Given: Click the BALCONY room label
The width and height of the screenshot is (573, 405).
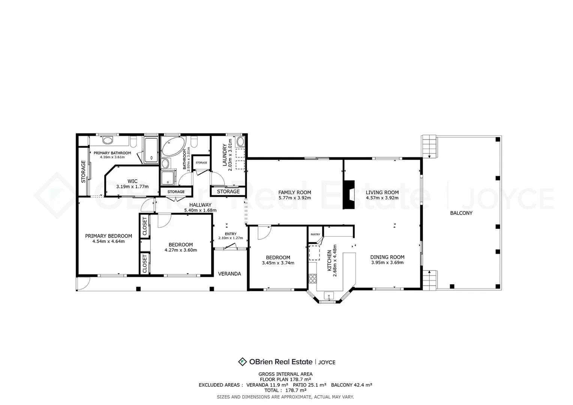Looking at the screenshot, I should [461, 213].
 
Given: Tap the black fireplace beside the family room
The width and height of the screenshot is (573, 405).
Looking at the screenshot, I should [349, 195].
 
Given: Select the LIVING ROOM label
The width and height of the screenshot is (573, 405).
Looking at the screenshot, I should [382, 192].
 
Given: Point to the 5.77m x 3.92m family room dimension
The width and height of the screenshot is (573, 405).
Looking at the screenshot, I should [294, 198].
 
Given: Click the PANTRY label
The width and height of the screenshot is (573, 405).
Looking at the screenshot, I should [315, 234].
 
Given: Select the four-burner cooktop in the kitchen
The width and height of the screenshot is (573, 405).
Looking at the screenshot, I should [312, 278].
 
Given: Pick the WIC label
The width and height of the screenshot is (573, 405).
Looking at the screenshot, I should [132, 181].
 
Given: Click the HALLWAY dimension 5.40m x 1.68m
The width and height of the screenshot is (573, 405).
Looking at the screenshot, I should [200, 210].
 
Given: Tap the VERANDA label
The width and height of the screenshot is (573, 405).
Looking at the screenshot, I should [229, 274].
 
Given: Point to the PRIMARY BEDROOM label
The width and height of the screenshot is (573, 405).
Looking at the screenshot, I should [108, 236].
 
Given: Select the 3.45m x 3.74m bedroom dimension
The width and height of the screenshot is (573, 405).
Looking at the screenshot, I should [278, 263].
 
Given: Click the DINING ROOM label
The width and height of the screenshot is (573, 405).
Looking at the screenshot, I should [387, 257].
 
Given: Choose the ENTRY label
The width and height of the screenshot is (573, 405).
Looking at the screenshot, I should [230, 234].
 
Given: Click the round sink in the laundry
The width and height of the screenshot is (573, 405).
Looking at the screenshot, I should [240, 142].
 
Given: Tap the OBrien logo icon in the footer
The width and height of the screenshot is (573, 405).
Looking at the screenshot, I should [242, 362].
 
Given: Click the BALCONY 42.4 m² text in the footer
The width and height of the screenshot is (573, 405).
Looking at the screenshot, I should [351, 385].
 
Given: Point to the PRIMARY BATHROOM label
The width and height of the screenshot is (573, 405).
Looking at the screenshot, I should [112, 153].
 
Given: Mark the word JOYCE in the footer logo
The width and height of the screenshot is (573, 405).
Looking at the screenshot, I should [327, 362].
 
